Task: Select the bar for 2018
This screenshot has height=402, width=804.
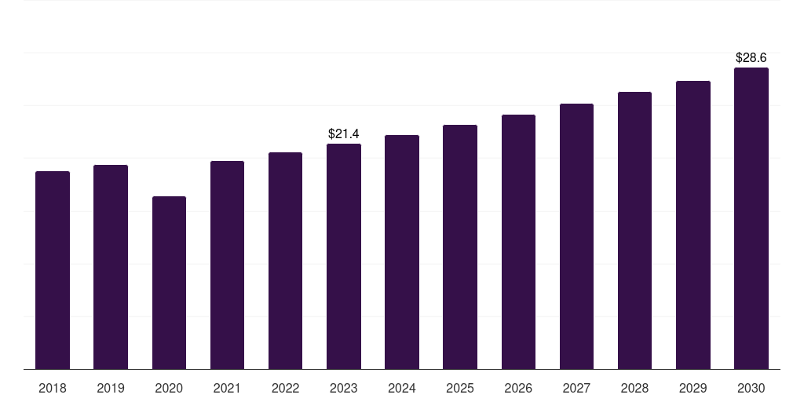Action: [x=53, y=270]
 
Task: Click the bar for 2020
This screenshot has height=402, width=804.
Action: [x=170, y=283]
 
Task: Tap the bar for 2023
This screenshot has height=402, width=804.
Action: [x=344, y=257]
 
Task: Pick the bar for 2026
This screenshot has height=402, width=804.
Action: [x=518, y=242]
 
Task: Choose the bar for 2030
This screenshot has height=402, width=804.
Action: [x=751, y=218]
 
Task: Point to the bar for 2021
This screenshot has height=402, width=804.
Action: [x=227, y=265]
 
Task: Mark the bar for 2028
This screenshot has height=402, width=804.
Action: [x=634, y=231]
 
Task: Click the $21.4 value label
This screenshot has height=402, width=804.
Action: [x=344, y=133]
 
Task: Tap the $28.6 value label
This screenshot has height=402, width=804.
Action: [x=751, y=58]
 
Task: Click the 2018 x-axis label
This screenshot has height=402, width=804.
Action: [x=53, y=389]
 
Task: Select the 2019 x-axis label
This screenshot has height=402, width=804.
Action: [x=111, y=389]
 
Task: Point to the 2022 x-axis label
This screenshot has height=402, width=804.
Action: [x=285, y=389]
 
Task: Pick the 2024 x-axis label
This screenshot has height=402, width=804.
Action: [x=402, y=389]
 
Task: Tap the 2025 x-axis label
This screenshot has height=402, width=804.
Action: [x=460, y=389]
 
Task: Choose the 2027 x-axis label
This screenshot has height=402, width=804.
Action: [x=576, y=389]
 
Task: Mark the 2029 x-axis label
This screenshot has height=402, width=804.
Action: [x=693, y=389]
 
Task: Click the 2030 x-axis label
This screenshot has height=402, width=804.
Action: [x=751, y=389]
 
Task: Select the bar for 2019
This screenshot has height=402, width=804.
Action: [x=111, y=267]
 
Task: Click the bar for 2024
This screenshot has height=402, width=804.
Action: [x=402, y=252]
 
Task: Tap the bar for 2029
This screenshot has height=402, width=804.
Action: [x=693, y=225]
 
